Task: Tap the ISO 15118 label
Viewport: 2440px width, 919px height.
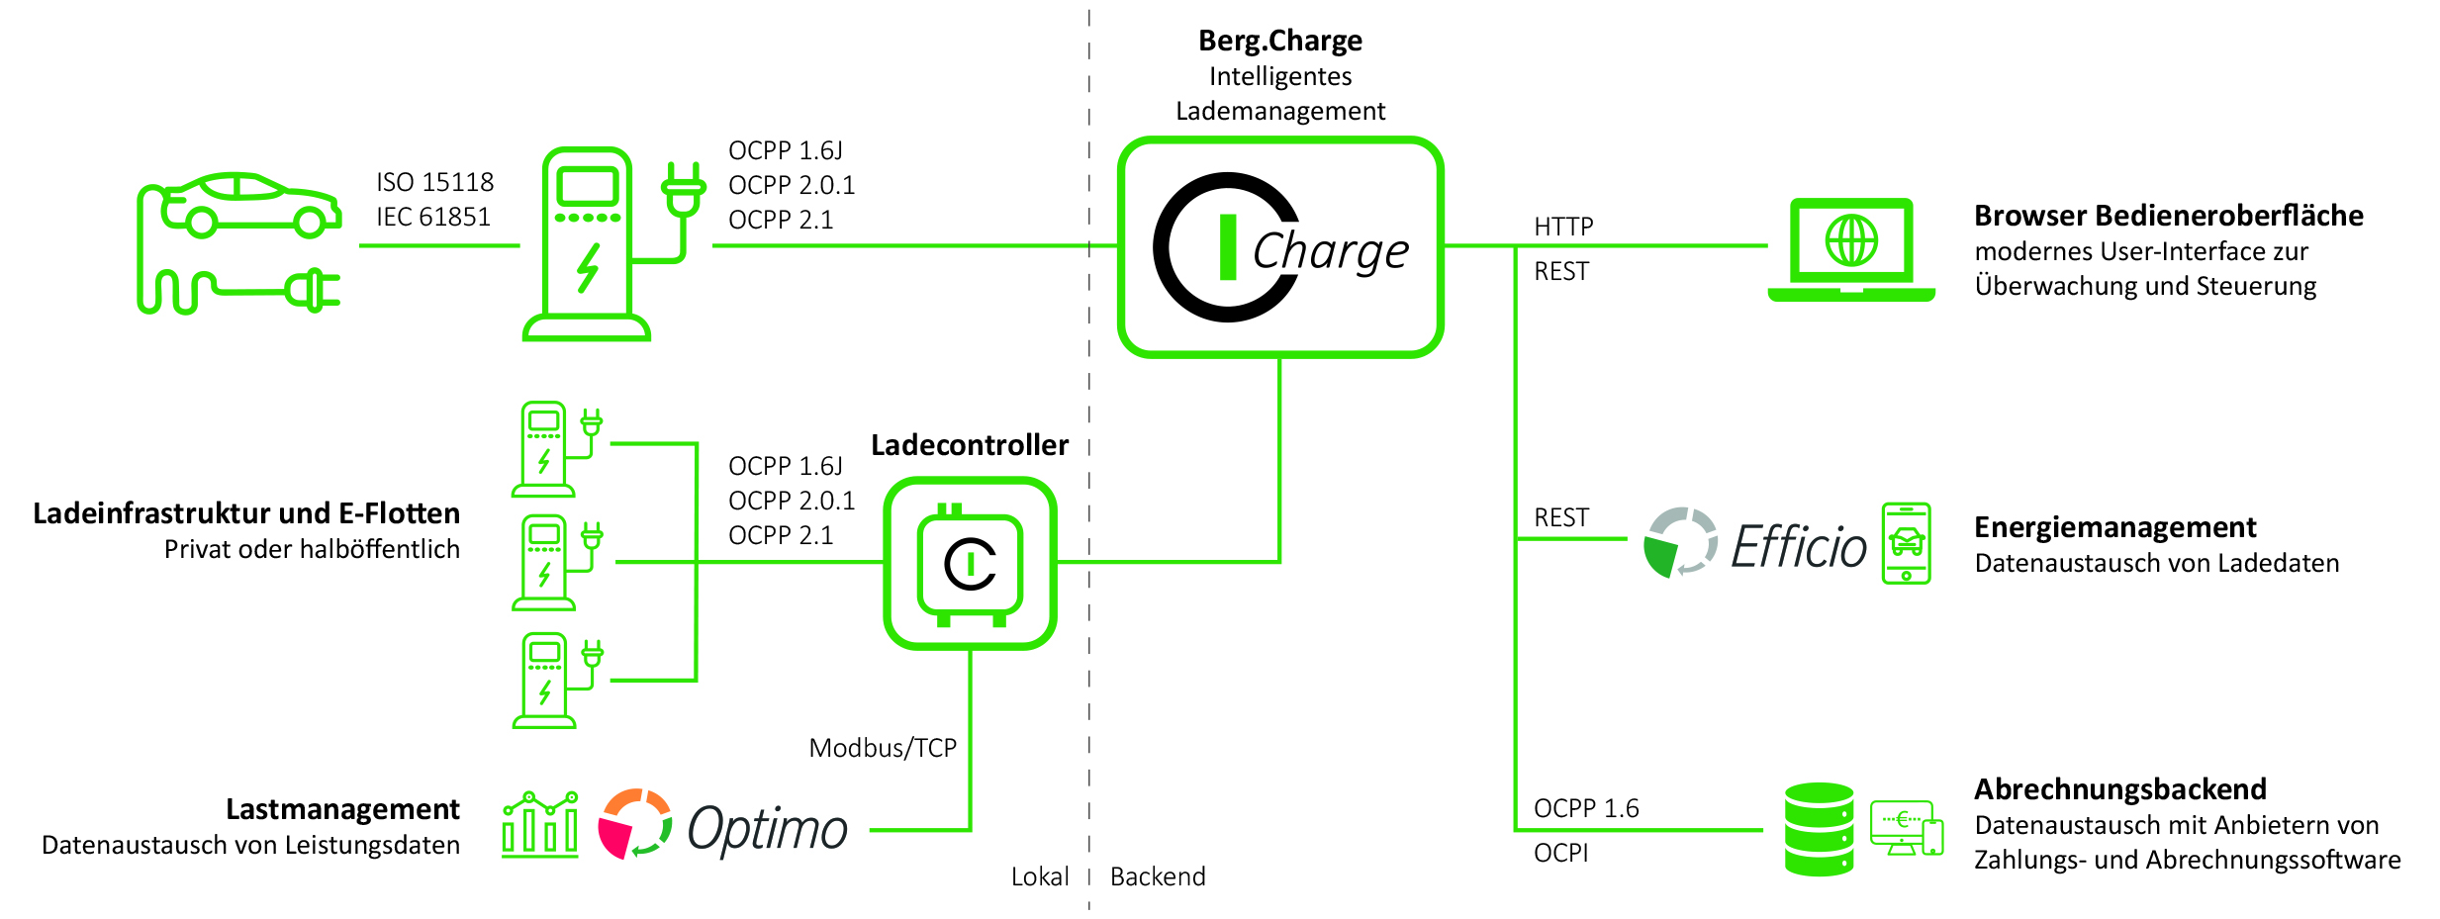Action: [434, 182]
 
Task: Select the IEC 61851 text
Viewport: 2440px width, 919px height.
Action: [433, 217]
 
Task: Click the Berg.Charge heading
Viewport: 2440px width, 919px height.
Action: [1280, 41]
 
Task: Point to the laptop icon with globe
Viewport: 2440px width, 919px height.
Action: [1851, 250]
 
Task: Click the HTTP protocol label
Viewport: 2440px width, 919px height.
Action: [1563, 227]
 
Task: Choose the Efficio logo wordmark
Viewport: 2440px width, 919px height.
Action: [1799, 545]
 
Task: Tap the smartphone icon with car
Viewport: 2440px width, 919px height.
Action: [1906, 543]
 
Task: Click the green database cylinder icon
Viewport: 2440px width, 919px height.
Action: [1819, 829]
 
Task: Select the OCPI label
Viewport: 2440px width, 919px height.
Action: [1560, 853]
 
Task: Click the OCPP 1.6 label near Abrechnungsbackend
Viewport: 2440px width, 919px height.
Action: [1586, 808]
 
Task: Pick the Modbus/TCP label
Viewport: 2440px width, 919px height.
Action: [883, 748]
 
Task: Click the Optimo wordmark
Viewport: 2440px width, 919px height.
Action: [767, 829]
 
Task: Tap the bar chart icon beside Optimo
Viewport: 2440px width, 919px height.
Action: [539, 824]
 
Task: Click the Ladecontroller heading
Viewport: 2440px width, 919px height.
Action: [970, 445]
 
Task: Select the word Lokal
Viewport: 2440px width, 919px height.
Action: [1040, 876]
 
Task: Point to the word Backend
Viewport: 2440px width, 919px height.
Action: [1158, 876]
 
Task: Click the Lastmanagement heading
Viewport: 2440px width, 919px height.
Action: [342, 809]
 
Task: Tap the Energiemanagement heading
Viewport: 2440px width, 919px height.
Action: [2115, 527]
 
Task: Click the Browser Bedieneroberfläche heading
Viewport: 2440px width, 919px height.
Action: [2169, 216]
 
